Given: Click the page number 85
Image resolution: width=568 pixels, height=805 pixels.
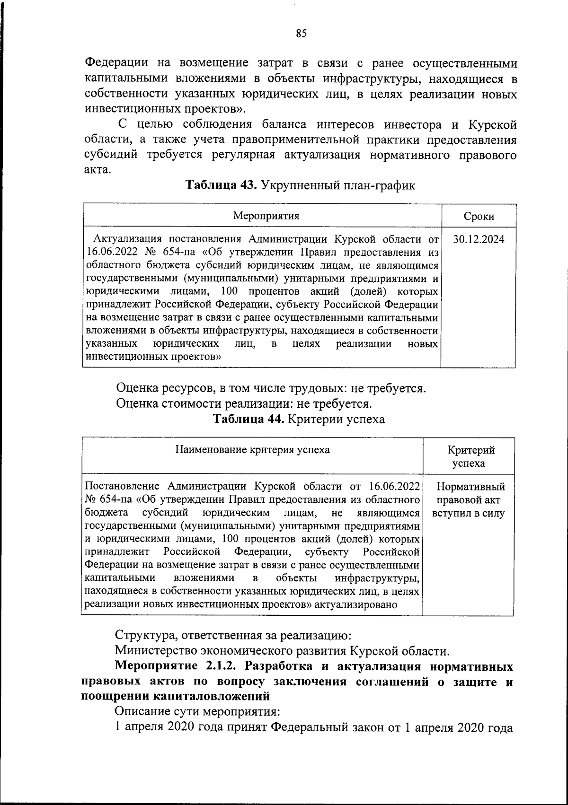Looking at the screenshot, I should (x=302, y=33).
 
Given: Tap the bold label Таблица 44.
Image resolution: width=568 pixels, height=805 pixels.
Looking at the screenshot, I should (x=248, y=419).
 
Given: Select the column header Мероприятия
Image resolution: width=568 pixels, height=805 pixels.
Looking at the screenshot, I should (x=266, y=216).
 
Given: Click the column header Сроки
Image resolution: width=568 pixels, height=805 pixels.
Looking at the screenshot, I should (x=479, y=217).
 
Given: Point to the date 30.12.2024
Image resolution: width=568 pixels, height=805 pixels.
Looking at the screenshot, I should (x=479, y=239).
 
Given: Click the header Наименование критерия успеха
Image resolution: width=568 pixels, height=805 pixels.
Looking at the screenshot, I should (x=252, y=450).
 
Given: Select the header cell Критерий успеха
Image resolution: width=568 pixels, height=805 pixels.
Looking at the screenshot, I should (x=468, y=456).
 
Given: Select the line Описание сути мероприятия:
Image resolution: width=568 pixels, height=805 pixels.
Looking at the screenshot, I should (x=198, y=711).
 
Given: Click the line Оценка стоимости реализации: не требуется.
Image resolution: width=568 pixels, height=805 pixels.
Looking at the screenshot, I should (x=244, y=404).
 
